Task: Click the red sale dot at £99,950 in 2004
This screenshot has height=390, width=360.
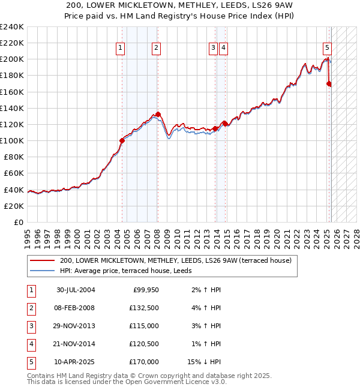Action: [122, 140]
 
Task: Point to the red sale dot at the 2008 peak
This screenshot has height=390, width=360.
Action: [158, 114]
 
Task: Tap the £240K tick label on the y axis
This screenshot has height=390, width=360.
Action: [12, 27]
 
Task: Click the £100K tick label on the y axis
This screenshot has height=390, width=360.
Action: [12, 140]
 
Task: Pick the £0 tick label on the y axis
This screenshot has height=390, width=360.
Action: [19, 222]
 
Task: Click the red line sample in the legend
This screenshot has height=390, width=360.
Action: [42, 260]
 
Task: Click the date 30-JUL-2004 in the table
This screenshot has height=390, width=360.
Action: [76, 290]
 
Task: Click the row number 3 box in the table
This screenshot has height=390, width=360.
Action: [30, 326]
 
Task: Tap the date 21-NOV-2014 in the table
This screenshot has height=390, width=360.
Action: [76, 344]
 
